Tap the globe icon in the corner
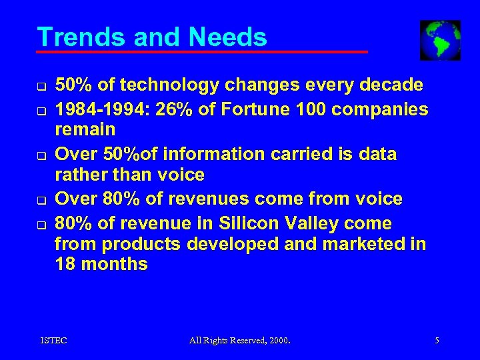pyautogui.click(x=440, y=40)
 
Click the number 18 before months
pyautogui.click(x=64, y=264)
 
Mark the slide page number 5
pyautogui.click(x=437, y=341)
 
